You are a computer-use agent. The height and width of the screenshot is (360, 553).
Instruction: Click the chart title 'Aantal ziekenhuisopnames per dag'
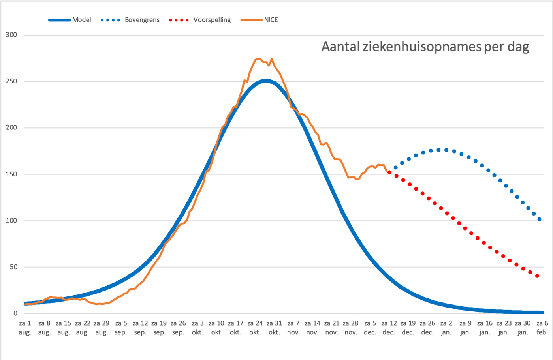point(425,47)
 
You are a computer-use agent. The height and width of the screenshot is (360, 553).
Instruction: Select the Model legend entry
point(70,20)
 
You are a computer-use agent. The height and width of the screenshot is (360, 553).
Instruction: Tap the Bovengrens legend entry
point(130,20)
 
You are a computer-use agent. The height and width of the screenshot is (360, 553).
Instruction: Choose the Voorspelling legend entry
point(200,20)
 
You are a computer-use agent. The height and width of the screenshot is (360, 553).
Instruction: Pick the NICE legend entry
point(259,20)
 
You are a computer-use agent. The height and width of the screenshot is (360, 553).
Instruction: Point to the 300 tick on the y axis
point(11,35)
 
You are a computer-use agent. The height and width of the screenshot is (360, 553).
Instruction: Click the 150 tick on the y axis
point(11,174)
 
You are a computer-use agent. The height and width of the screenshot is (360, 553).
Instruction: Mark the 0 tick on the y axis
point(15,313)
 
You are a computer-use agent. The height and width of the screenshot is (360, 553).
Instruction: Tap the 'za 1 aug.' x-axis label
point(25,328)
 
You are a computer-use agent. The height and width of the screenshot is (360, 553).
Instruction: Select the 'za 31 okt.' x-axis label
point(274,328)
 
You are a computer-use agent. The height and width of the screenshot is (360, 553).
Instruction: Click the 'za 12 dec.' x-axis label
point(389,328)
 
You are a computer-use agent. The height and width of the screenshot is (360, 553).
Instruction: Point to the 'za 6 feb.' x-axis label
point(542,328)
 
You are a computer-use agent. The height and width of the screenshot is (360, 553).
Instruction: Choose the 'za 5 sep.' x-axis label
point(121,328)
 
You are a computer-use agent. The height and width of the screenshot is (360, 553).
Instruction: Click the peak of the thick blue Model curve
point(266,81)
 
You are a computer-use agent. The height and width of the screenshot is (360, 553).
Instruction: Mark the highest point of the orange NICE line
point(258,58)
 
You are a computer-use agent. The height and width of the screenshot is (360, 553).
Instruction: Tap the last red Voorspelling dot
point(537,276)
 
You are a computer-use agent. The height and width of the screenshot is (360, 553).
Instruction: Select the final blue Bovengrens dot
point(540,219)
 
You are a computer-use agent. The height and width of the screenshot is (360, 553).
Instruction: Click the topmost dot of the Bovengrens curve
point(439,150)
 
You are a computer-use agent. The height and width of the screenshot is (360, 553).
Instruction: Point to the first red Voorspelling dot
point(389,172)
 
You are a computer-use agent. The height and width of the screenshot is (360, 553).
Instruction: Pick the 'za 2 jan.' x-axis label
point(446,328)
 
